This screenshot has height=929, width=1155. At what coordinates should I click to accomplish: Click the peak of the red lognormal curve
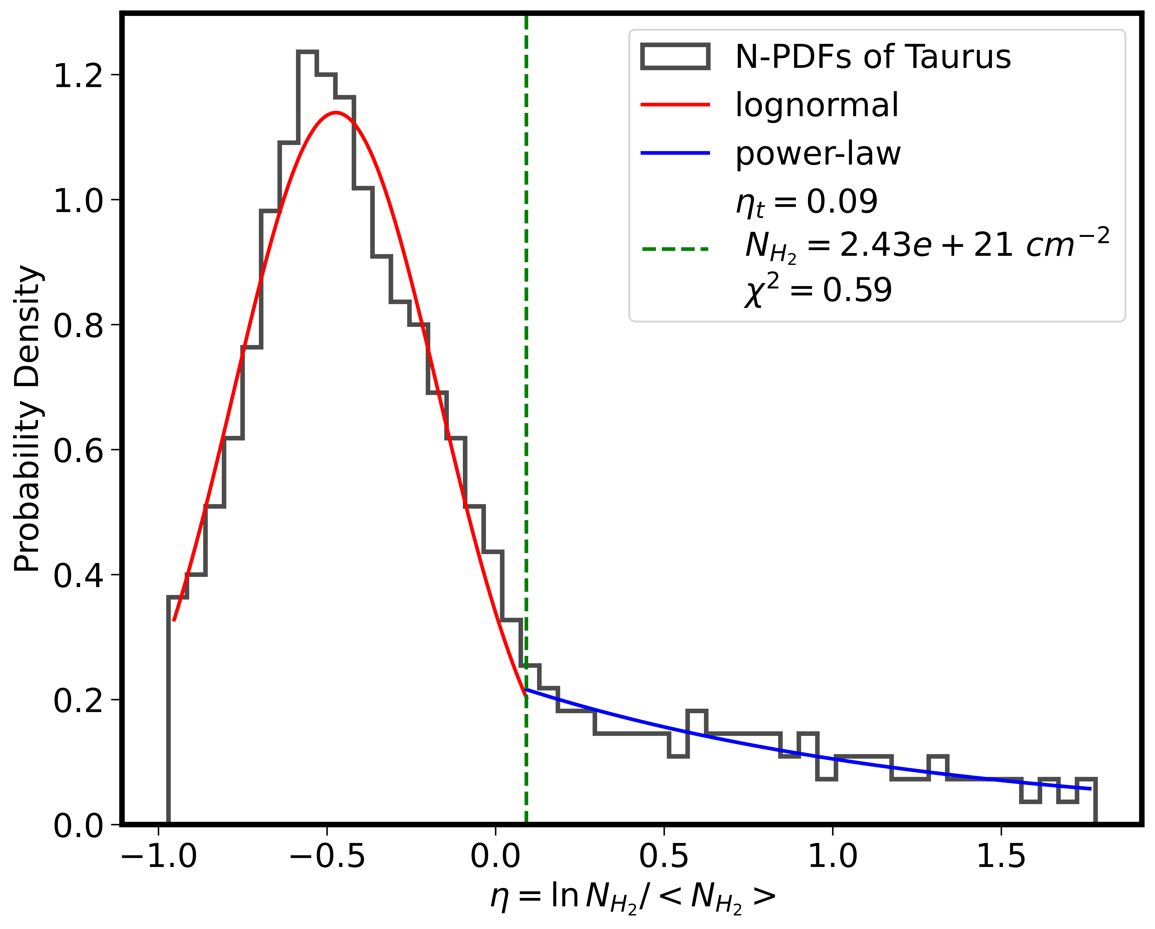(336, 113)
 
